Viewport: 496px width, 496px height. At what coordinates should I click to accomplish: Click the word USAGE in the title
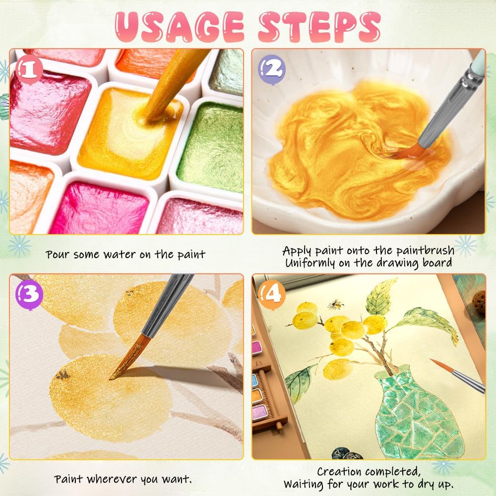[x=180, y=27]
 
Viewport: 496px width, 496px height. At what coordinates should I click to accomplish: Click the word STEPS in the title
[x=319, y=27]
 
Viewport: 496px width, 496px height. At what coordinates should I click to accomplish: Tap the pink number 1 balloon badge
[x=29, y=69]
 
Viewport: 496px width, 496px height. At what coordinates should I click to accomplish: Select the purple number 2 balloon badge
[x=272, y=69]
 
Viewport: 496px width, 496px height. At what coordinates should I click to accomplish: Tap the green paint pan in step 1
[x=212, y=147]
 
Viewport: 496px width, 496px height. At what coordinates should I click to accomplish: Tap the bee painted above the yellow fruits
[x=335, y=305]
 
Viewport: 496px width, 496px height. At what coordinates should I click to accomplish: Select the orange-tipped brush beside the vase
[x=457, y=375]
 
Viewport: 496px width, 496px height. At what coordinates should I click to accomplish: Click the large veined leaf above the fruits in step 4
[x=381, y=297]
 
